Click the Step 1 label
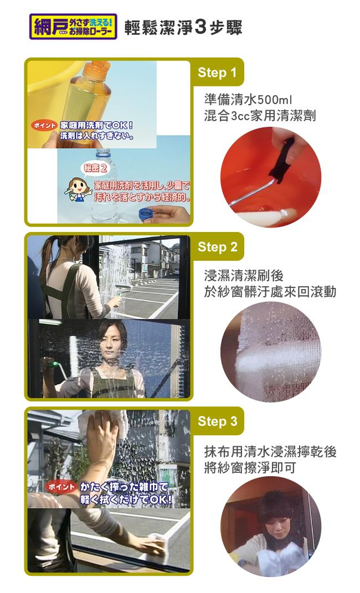(x=217, y=72)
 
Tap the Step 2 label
(x=218, y=247)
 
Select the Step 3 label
(x=218, y=421)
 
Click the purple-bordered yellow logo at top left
(x=73, y=27)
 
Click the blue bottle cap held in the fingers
(x=147, y=214)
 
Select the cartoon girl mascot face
(x=79, y=187)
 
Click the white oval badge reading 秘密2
(x=95, y=168)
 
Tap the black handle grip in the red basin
(x=283, y=161)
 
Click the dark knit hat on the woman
(x=275, y=506)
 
